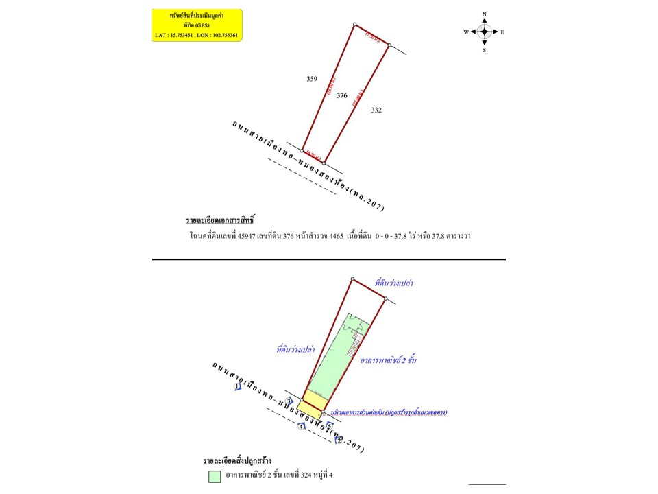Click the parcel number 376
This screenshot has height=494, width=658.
tap(342, 95)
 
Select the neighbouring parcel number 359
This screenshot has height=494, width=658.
tap(312, 79)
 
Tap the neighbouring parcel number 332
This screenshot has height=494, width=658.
tap(376, 110)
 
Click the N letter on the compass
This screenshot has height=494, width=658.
tap(484, 14)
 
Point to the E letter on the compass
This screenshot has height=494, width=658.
tap(502, 32)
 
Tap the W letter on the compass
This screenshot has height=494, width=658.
tap(466, 32)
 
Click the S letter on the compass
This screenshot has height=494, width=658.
tap(484, 50)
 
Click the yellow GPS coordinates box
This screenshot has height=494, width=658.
tap(197, 25)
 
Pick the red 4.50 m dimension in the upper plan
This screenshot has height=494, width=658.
tap(314, 154)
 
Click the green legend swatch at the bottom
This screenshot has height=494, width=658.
tap(215, 475)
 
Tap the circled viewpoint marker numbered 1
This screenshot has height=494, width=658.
tap(237, 387)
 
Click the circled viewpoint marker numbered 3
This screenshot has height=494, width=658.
tap(289, 401)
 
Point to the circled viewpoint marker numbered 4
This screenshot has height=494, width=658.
tap(301, 427)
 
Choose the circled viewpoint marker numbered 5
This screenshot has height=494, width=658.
tap(328, 426)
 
